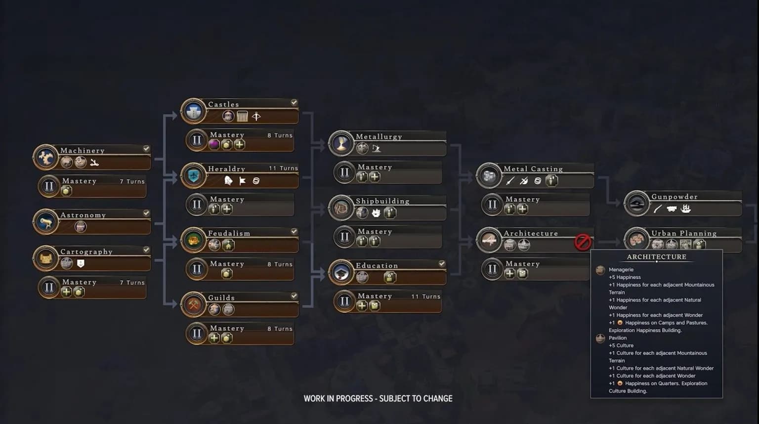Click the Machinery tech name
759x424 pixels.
coord(83,151)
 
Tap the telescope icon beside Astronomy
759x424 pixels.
coord(46,222)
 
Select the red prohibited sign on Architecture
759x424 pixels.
coord(583,242)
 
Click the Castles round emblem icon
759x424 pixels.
coord(194,111)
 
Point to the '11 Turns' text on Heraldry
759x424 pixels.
coord(283,168)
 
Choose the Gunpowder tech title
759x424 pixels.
coord(675,197)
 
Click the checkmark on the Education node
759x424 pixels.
coord(441,263)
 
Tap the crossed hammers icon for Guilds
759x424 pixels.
coord(194,305)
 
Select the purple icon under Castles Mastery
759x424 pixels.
coord(214,145)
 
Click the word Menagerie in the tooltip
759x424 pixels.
coord(621,270)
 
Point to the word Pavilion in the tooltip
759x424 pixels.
coord(617,338)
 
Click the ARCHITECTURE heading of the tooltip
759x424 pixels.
coord(656,257)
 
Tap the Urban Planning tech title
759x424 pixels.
coord(684,233)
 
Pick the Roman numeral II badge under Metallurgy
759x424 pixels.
coord(344,172)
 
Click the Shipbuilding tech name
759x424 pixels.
coord(382,201)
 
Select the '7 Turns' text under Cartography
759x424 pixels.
coord(132,283)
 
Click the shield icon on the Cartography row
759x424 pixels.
coord(81,263)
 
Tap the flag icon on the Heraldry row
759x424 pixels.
coord(242,181)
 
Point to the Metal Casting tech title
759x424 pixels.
coord(533,169)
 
